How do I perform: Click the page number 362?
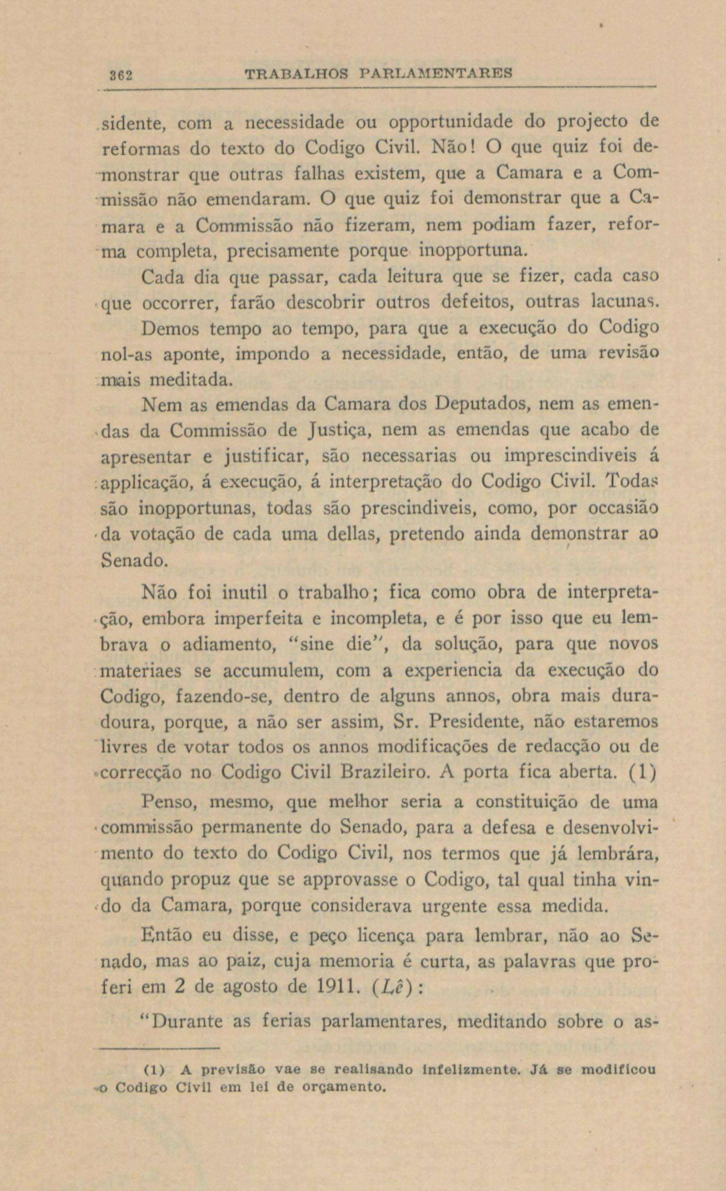[x=121, y=76]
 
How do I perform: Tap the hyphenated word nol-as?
[x=127, y=355]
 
